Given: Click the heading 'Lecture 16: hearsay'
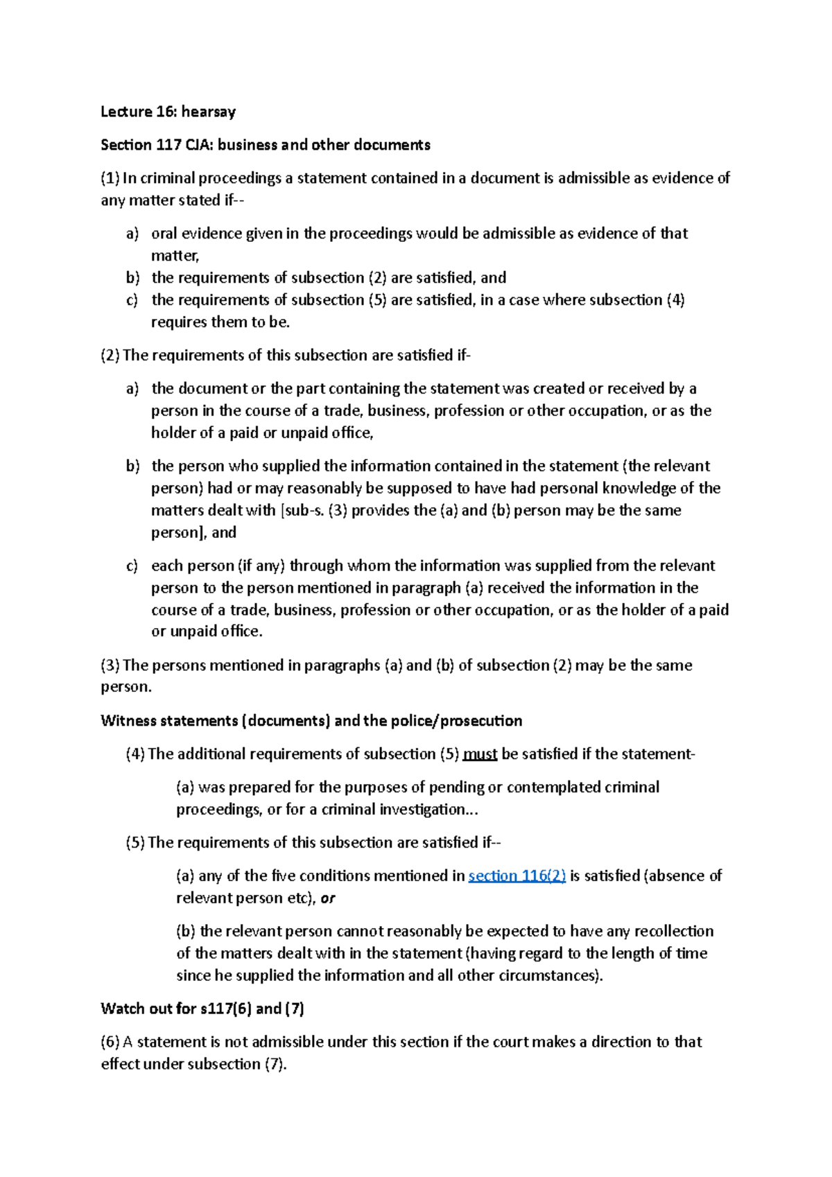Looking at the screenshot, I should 168,112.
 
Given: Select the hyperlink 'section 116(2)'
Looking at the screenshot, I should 517,876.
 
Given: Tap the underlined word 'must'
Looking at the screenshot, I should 480,754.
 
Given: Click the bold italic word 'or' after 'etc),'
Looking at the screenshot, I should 328,898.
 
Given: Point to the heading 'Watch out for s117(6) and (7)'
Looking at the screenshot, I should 202,1009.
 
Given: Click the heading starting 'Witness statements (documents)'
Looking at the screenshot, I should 311,721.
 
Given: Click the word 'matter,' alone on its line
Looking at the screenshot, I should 175,256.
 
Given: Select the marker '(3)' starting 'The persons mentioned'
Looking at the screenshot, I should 110,665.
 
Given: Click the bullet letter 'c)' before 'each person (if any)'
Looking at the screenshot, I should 132,566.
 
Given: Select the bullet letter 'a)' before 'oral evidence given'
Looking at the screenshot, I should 132,234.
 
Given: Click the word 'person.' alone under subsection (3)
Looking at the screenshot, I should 126,688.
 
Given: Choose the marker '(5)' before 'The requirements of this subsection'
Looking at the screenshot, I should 135,843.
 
